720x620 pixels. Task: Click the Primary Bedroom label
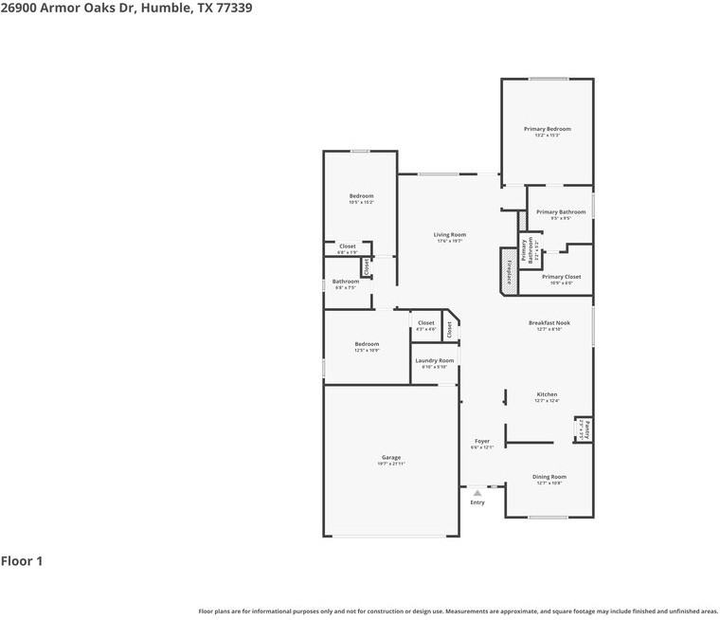(x=547, y=129)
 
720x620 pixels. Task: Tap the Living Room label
(x=449, y=235)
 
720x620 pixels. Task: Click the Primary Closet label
(x=561, y=277)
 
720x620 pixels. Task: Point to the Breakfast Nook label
(x=549, y=323)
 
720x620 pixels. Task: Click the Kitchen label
(x=547, y=394)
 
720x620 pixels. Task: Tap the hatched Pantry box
(x=586, y=429)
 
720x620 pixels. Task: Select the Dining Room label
(x=549, y=477)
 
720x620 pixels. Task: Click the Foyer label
(x=481, y=441)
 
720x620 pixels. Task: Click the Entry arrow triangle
(x=477, y=493)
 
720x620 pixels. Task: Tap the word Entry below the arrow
(x=477, y=502)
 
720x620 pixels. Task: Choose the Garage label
(x=391, y=458)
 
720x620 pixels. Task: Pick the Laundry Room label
(x=434, y=360)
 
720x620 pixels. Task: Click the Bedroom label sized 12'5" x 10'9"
(x=367, y=344)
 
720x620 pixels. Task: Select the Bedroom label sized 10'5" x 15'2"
(x=361, y=196)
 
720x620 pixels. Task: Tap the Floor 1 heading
(x=22, y=561)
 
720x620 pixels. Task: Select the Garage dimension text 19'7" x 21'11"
(x=391, y=465)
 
